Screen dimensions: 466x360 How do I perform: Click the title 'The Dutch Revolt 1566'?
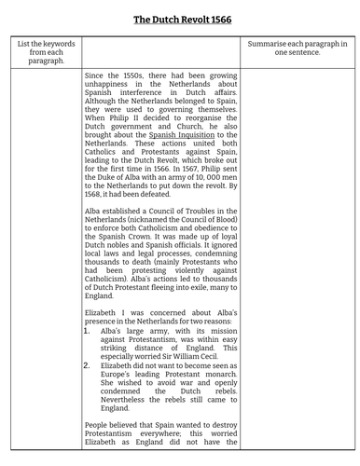click(179, 19)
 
